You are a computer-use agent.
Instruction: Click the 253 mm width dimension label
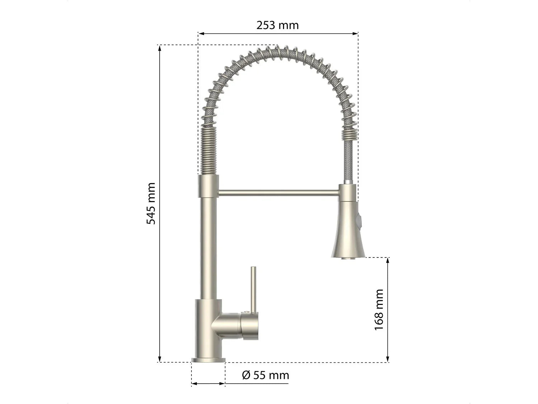point(278,25)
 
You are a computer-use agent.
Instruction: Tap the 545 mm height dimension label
point(151,203)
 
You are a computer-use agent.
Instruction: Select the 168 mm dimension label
point(379,310)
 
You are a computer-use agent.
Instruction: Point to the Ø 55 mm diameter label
point(265,375)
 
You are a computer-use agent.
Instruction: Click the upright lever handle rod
point(253,290)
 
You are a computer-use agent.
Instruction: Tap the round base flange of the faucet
point(208,360)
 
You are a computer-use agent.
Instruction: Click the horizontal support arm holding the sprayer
point(278,193)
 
